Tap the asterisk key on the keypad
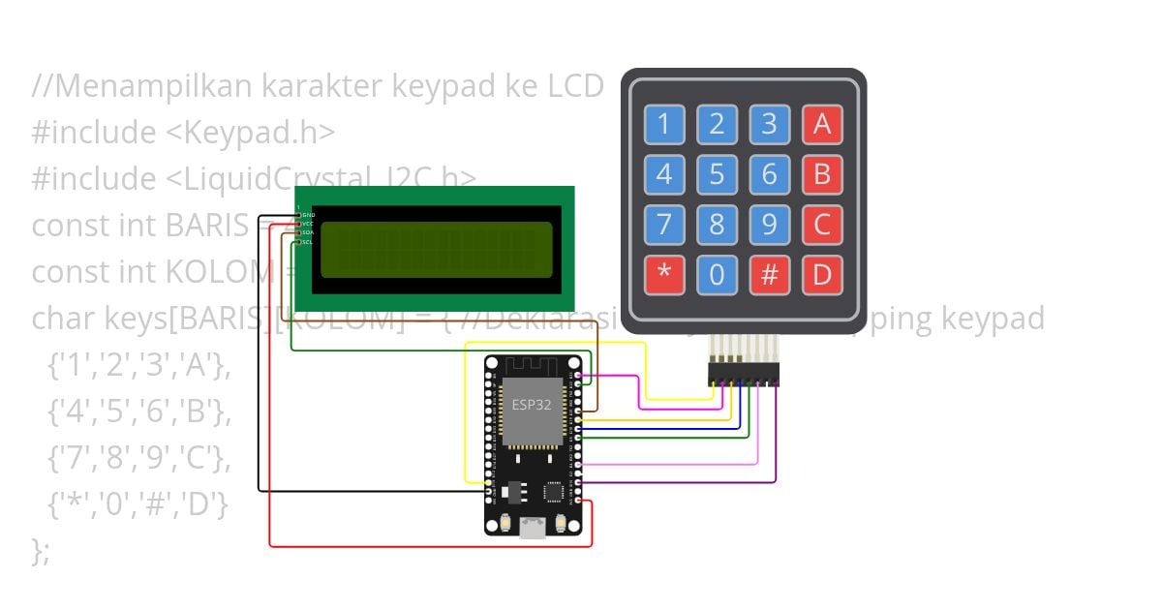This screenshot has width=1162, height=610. click(x=664, y=275)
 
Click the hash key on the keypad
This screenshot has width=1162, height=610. click(x=769, y=275)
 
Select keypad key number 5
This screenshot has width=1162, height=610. click(x=717, y=174)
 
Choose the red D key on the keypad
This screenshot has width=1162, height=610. click(x=822, y=275)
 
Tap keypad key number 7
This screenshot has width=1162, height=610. click(x=664, y=225)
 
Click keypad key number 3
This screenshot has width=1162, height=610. click(x=769, y=124)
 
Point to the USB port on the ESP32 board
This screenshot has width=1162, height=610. click(x=532, y=527)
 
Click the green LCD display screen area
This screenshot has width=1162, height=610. click(x=436, y=249)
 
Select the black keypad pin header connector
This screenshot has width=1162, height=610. click(x=744, y=373)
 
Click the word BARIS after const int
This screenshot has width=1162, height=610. click(x=207, y=225)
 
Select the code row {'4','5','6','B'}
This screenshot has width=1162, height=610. click(x=139, y=412)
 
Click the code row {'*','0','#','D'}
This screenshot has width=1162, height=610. click(x=139, y=504)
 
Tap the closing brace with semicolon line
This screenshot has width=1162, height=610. click(x=41, y=551)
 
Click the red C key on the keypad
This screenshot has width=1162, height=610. click(x=822, y=225)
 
